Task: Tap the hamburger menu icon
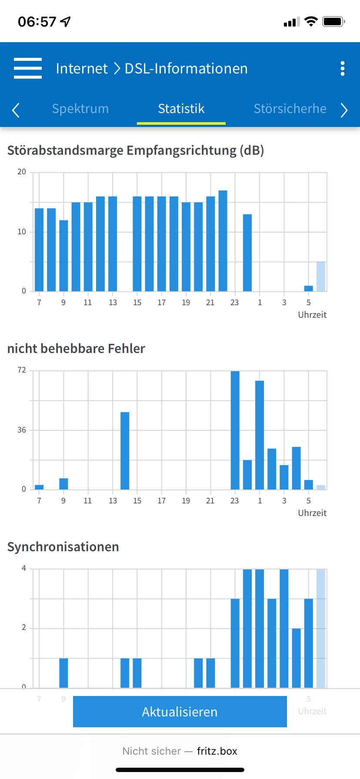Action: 28,68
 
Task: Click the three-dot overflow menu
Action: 343,68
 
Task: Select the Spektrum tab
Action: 80,109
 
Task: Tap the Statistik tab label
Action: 181,109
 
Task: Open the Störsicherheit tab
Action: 290,109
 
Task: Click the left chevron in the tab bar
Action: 16,110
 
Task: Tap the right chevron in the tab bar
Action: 344,110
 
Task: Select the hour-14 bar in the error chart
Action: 125,450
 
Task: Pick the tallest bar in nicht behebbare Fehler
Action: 235,430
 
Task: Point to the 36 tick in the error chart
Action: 22,430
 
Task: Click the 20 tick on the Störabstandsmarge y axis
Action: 22,172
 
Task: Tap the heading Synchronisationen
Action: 63,546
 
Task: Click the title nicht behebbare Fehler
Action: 76,348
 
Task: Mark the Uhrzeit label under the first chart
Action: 312,315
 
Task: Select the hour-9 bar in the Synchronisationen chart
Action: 63,672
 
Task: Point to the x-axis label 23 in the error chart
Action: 235,501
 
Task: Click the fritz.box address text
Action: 217,751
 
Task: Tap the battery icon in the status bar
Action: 333,21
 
